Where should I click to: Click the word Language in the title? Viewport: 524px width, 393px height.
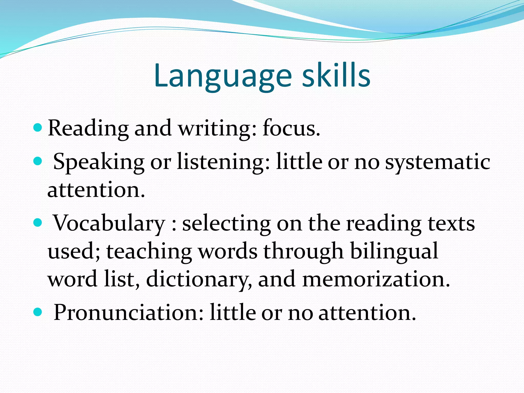(223, 76)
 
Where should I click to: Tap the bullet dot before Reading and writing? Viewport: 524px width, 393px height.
(38, 127)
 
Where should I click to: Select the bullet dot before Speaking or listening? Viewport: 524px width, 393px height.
(38, 161)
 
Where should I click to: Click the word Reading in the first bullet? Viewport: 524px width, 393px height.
(88, 128)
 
